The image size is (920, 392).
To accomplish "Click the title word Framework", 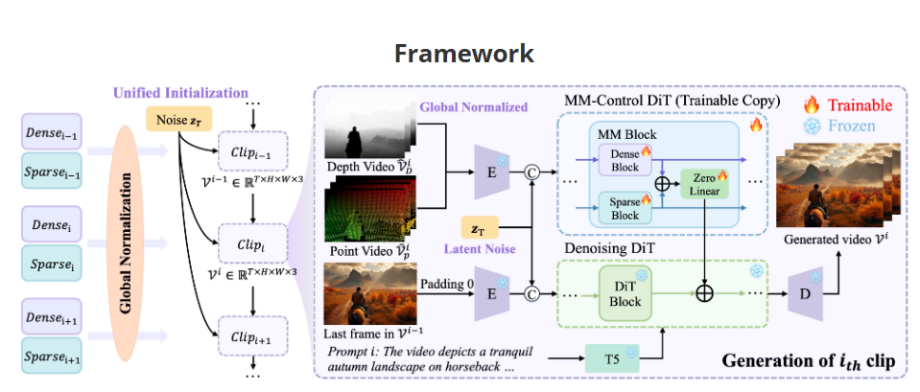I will pos(463,53).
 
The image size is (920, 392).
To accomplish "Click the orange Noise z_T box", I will pos(177,120).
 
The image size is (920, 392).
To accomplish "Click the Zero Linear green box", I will pos(705,184).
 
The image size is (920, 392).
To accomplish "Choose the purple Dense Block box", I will pos(625,160).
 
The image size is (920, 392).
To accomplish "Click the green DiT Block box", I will pos(625,293).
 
